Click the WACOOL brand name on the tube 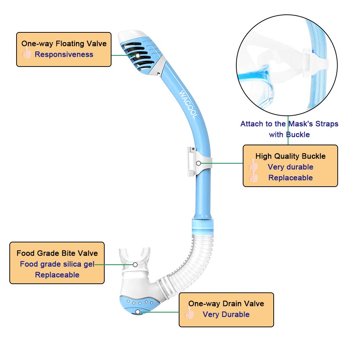tap(188, 105)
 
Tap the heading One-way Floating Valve tap(64, 44)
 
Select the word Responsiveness tap(64, 55)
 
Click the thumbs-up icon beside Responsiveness tap(27, 54)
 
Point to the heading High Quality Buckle tap(290, 156)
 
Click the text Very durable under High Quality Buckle tap(290, 167)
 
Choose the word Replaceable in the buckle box tap(290, 178)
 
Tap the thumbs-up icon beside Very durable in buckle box tap(254, 167)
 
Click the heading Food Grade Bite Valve tap(57, 253)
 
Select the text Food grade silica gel tap(57, 264)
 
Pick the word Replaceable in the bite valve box tap(57, 275)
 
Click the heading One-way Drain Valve tap(226, 304)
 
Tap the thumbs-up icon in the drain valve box tap(190, 314)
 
